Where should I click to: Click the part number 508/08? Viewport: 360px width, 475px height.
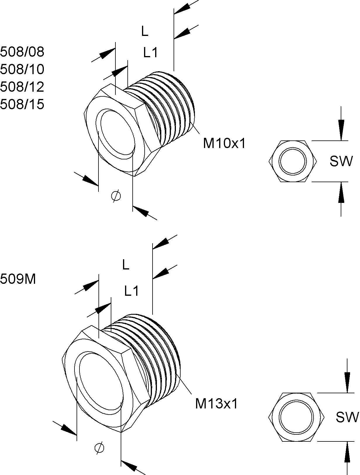22,52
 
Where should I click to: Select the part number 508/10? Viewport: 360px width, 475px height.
22,69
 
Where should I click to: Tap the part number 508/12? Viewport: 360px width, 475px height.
22,87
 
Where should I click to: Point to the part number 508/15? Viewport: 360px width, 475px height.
22,104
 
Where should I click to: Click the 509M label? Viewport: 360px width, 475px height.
18,279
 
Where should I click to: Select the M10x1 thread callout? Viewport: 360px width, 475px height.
225,143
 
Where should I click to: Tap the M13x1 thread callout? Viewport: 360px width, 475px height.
217,404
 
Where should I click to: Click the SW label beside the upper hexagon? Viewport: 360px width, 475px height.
341,161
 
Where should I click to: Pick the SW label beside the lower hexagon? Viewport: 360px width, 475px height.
347,417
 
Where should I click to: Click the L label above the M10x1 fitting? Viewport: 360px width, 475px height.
145,32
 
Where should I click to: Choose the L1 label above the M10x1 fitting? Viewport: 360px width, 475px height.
150,53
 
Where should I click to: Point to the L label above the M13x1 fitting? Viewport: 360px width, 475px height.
126,265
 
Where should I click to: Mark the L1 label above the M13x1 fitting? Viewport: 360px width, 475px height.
131,291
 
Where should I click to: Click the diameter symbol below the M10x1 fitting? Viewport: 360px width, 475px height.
116,196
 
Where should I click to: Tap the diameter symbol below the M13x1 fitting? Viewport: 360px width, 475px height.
99,448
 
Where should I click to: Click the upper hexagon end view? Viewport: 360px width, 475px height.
293,161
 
